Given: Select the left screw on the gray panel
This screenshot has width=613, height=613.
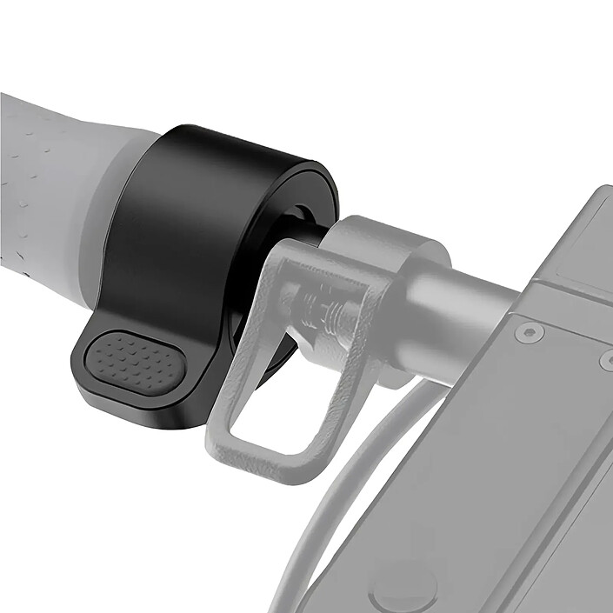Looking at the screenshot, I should pyautogui.click(x=528, y=332).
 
